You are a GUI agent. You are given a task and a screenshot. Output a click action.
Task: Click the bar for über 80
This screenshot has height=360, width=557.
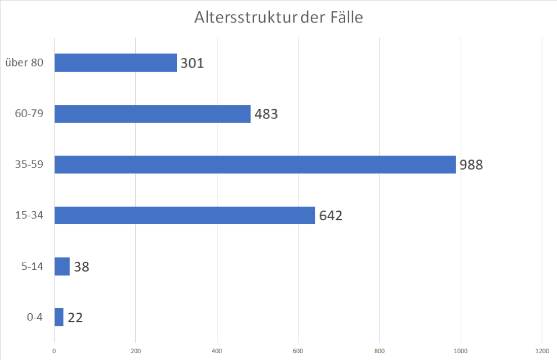pos(115,63)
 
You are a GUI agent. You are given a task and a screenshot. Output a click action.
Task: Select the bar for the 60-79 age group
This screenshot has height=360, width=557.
pos(152,114)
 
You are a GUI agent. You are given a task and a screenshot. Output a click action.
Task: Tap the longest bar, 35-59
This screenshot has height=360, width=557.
pos(255,165)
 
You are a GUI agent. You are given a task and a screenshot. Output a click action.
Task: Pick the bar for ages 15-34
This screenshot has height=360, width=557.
pos(184,215)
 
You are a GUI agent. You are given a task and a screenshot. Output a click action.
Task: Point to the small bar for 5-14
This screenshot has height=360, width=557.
pos(62,266)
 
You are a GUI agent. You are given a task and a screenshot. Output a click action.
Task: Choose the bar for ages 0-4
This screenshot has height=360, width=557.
pos(59,317)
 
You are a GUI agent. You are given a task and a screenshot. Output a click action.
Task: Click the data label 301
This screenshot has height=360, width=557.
pos(192,63)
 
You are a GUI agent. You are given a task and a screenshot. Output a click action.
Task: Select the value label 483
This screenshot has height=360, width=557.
pos(266,114)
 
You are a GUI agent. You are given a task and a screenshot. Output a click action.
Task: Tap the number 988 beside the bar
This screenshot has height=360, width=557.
pos(471,165)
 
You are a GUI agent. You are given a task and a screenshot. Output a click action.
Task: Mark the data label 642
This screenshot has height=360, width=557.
pos(331,216)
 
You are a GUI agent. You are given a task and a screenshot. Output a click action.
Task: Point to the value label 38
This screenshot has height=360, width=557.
pos(82,266)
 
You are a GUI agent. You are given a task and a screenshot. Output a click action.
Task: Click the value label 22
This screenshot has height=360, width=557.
pos(75,318)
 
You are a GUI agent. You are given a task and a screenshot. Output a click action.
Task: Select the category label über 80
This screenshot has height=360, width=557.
pos(24,63)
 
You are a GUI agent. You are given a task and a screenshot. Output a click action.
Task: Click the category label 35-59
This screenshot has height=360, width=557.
pos(29,165)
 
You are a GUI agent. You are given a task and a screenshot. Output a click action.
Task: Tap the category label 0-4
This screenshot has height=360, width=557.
pos(35,317)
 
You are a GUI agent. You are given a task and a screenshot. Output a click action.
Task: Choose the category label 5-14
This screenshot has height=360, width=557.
pos(32,266)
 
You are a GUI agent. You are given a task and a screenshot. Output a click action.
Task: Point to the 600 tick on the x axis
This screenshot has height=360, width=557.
pos(298,350)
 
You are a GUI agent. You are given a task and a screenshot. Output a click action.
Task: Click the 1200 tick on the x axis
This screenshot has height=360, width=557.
pos(542,350)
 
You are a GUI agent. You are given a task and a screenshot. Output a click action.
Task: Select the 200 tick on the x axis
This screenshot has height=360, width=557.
pos(135,350)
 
